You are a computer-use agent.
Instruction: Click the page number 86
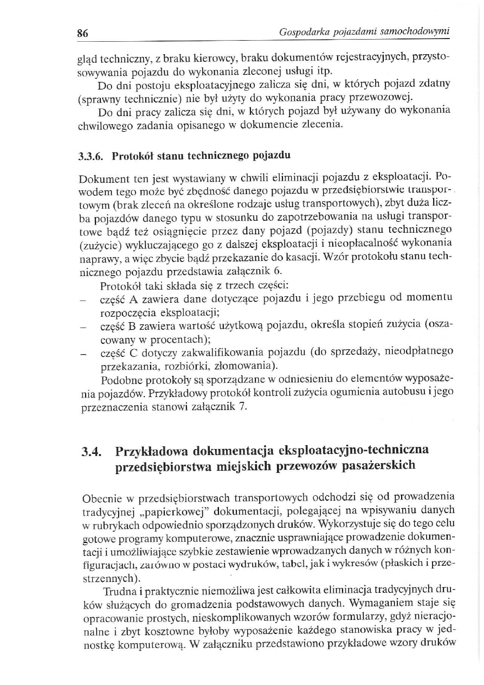coord(82,33)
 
